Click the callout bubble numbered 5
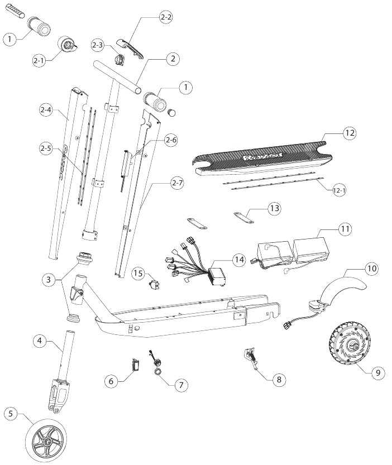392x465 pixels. pos(9,414)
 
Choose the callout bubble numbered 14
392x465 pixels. pos(239,260)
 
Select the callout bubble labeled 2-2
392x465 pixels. pos(166,18)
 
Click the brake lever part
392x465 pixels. pos(130,47)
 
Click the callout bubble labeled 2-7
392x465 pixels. pos(177,182)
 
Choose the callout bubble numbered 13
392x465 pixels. pos(274,208)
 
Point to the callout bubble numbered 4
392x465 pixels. pos(38,341)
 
